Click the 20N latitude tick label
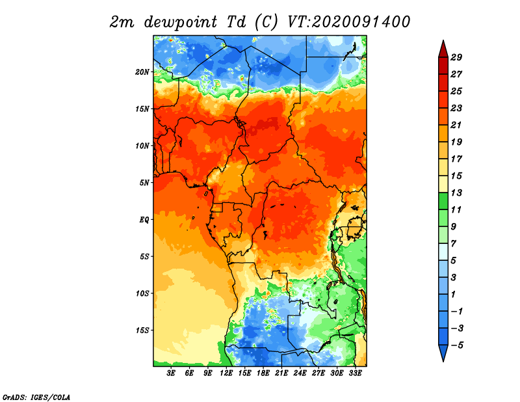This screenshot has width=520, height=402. point(142,72)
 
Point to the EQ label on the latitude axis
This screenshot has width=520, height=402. point(144,220)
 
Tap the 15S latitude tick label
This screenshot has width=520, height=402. point(142,330)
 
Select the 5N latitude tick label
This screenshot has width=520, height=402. point(144,183)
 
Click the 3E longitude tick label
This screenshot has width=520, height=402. point(171,373)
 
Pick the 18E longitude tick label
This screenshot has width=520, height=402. point(263,373)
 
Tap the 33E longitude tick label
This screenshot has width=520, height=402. point(355,373)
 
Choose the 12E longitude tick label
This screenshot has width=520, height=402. point(226,373)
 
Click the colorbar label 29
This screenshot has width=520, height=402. point(456,57)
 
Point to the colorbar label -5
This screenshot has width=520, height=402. point(457,345)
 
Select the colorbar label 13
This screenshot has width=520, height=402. point(456,193)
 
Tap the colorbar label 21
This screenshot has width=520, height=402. point(456,125)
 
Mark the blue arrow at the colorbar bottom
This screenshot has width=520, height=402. point(443,352)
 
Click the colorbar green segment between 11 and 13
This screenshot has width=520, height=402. point(443,201)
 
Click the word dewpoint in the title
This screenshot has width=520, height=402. point(181,23)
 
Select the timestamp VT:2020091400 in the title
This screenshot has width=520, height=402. point(348,22)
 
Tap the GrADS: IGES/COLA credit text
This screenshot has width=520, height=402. point(36,397)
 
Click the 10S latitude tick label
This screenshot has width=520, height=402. point(142,293)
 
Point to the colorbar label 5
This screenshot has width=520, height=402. point(453,261)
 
